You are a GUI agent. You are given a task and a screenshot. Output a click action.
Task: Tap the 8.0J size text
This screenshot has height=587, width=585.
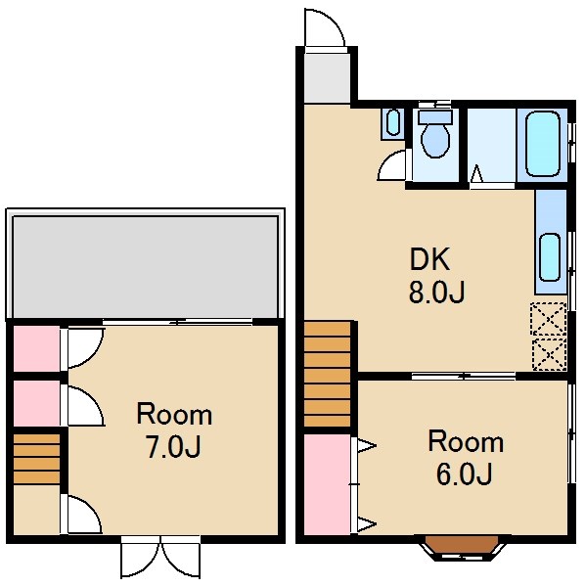click(x=436, y=292)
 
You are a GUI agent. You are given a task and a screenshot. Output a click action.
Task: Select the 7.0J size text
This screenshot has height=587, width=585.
click(x=173, y=447)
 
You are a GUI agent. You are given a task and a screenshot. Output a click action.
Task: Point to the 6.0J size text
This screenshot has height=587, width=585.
click(x=464, y=474)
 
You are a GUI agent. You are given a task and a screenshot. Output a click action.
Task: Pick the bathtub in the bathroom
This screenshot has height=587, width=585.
click(x=542, y=145)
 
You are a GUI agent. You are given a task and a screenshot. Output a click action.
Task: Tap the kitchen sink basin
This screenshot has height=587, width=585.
click(x=550, y=256)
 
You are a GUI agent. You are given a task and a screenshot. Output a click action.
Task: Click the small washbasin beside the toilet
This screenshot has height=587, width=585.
click(x=392, y=122)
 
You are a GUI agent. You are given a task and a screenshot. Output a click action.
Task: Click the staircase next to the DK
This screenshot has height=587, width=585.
click(x=327, y=374)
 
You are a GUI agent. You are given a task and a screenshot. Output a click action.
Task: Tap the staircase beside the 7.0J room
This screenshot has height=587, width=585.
click(x=36, y=459)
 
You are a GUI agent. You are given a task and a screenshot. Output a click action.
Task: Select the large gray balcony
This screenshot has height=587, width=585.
click(x=145, y=267)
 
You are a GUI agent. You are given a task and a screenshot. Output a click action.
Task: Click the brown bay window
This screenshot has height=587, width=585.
click(x=463, y=545)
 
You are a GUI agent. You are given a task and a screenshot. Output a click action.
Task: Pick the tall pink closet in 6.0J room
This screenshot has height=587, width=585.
click(x=327, y=484)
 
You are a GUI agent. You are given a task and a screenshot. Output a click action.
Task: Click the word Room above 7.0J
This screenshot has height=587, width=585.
click(x=174, y=414)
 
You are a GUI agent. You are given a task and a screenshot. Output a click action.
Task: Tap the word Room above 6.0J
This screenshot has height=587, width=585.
click(x=466, y=442)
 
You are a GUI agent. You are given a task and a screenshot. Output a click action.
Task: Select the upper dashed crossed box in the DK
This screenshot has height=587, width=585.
click(x=549, y=319)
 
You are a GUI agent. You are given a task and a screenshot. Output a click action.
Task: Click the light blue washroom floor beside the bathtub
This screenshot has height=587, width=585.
click(x=491, y=145)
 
